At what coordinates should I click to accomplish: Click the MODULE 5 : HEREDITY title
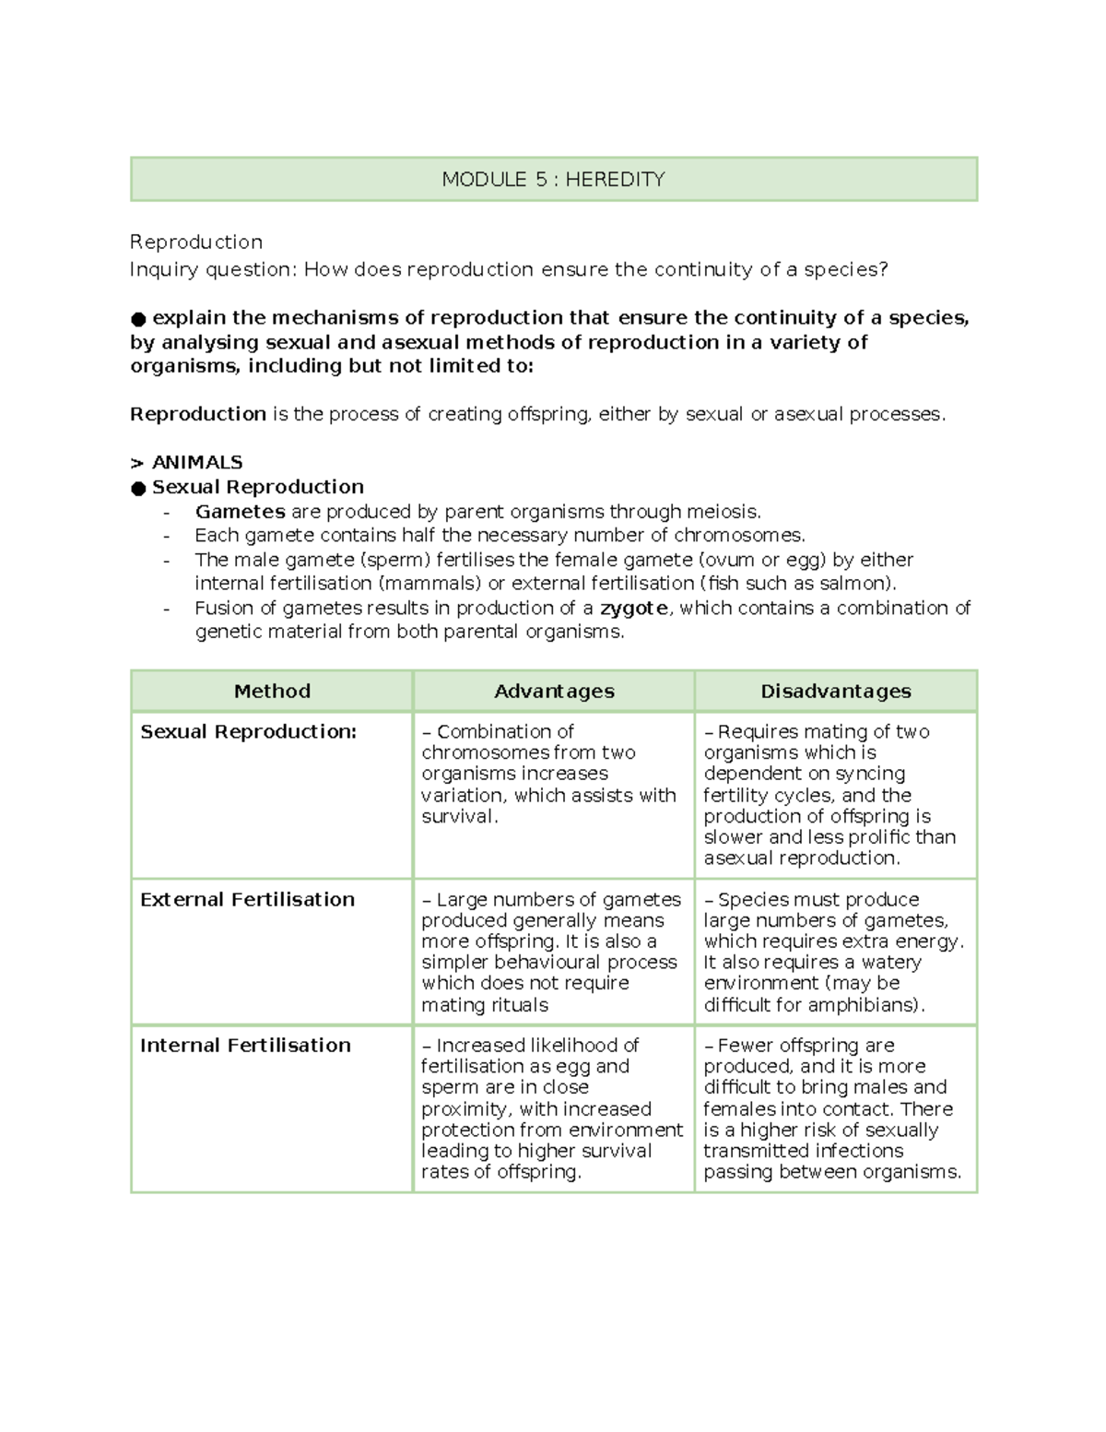(553, 179)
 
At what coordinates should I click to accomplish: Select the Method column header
(272, 691)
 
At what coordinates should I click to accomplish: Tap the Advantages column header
(554, 691)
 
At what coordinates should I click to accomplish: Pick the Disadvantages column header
(835, 691)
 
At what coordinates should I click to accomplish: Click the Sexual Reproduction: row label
(248, 731)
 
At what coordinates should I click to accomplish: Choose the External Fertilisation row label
(247, 899)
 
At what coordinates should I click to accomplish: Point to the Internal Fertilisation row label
(245, 1045)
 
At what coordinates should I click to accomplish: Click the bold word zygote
(635, 608)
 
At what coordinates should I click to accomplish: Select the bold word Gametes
(240, 511)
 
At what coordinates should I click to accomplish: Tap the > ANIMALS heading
(187, 462)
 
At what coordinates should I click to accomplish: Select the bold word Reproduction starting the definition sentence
(198, 414)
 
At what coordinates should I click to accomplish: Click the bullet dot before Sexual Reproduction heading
(138, 488)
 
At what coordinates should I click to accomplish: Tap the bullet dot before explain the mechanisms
(138, 319)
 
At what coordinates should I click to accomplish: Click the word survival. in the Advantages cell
(459, 816)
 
